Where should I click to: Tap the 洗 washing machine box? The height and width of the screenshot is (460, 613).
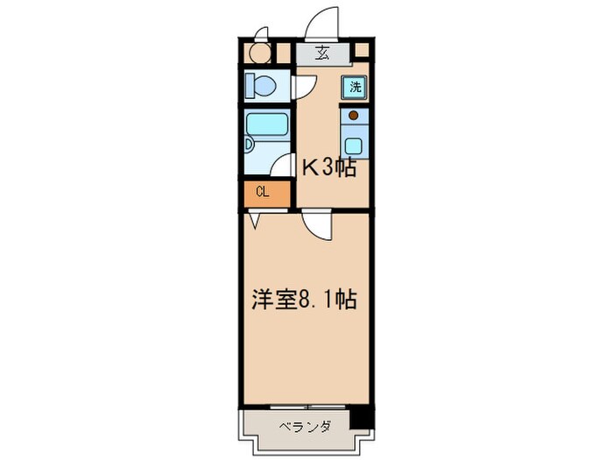tap(355, 86)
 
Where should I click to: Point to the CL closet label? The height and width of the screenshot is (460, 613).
tap(262, 193)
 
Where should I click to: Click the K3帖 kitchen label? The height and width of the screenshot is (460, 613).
tap(328, 168)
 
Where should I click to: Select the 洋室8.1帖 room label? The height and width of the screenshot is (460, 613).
tap(304, 300)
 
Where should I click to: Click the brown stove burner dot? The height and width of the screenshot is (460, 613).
tap(353, 115)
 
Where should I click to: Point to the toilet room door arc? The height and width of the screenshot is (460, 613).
tap(305, 86)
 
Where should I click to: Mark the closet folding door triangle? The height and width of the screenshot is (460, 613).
tap(254, 221)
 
